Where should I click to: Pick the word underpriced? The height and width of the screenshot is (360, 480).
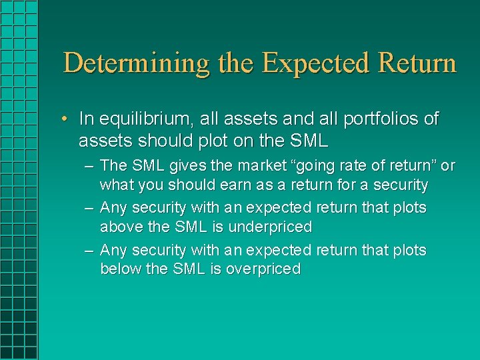[x=270, y=227]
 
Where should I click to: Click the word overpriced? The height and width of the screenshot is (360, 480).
[x=264, y=269]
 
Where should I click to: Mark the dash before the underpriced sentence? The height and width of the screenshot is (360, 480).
[x=89, y=208]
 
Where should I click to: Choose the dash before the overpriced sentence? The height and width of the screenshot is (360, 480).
[x=89, y=251]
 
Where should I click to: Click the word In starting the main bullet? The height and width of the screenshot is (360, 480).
[x=86, y=119]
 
